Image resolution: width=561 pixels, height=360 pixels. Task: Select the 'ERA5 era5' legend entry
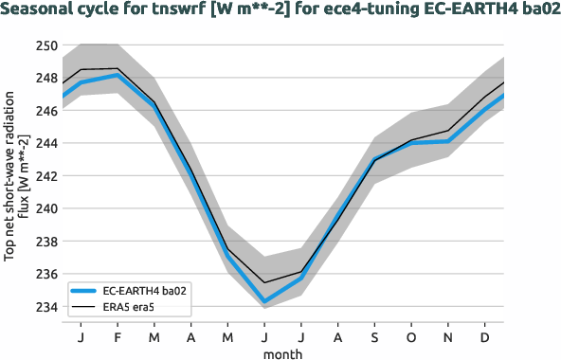coord(132,308)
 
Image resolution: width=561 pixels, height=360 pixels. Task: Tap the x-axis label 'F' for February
coord(117,336)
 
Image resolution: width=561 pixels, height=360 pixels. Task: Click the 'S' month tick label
coord(374,336)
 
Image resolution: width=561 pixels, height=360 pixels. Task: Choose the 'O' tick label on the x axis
coord(411,336)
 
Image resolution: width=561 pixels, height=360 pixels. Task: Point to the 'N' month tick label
coord(448,336)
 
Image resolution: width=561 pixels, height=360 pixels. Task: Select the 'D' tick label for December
coord(485,336)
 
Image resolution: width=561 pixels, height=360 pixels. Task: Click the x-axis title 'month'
coord(283,352)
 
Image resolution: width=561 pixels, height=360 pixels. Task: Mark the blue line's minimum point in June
coord(263,302)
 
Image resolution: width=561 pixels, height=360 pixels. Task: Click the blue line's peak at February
coord(117,75)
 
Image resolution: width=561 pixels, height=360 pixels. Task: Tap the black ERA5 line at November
coord(448,131)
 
